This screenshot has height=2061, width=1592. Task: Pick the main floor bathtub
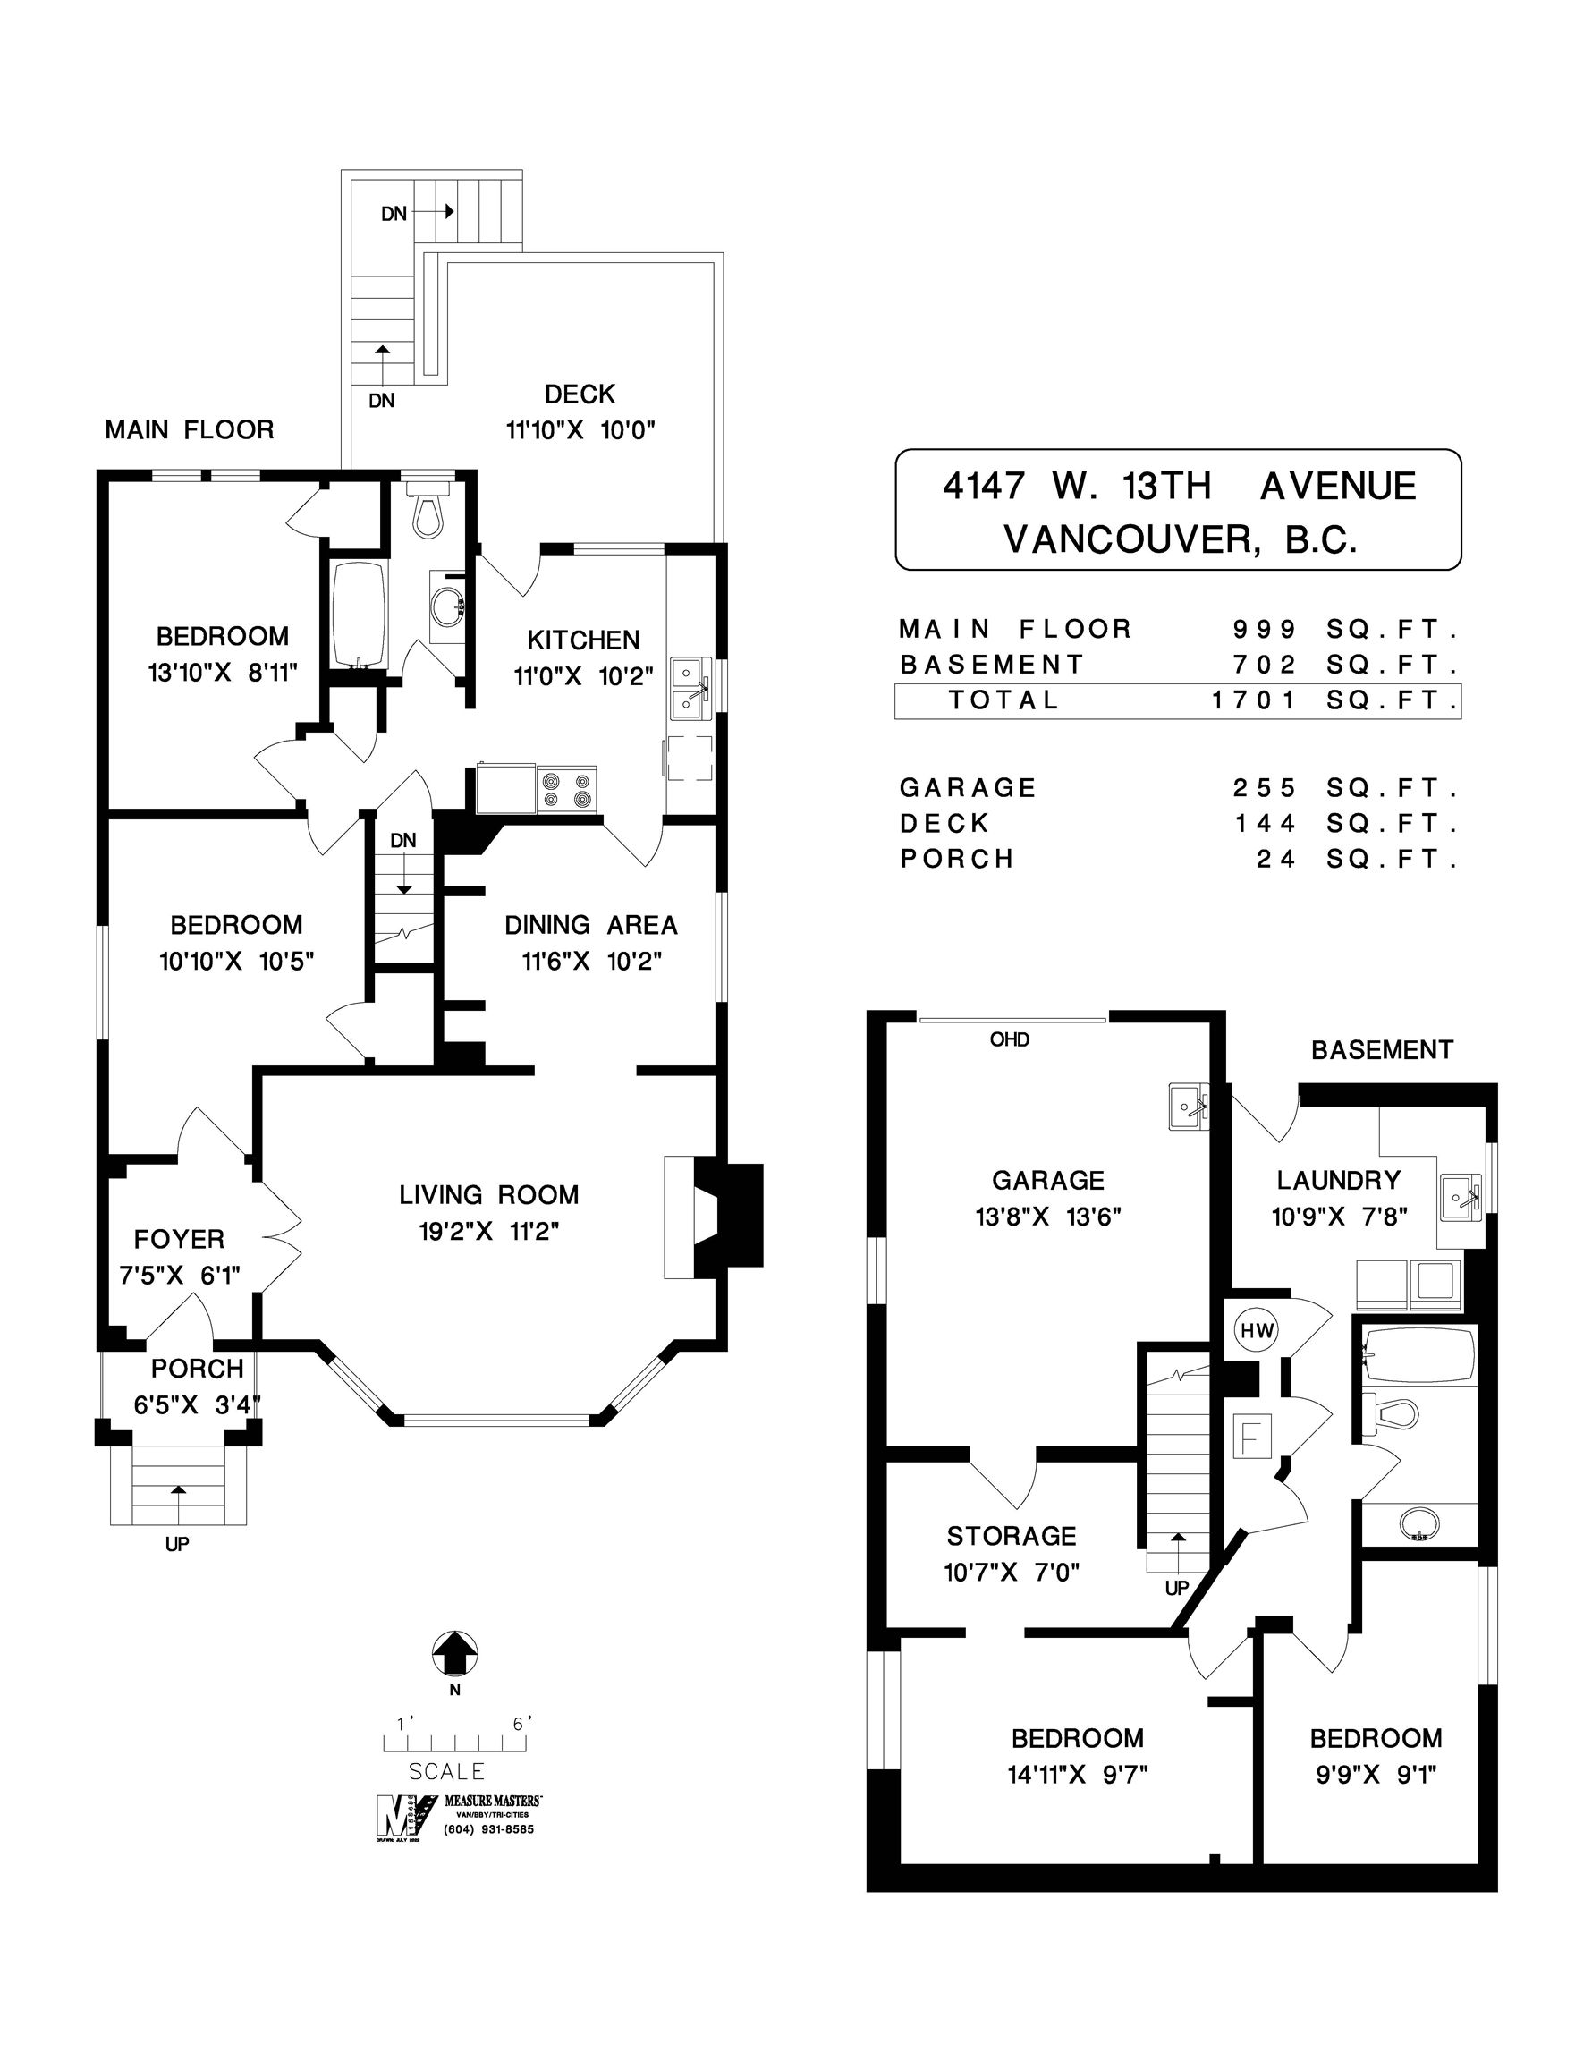click(x=360, y=614)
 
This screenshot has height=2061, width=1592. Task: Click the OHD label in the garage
click(x=1009, y=1040)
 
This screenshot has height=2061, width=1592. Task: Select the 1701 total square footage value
click(x=1254, y=701)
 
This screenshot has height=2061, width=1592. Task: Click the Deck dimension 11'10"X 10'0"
click(x=580, y=430)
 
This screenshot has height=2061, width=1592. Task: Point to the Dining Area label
click(x=591, y=925)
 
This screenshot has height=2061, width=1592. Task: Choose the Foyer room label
click(x=179, y=1239)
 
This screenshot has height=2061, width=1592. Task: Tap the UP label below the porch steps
click(x=176, y=1544)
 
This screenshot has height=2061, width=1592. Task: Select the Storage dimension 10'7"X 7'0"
click(x=1012, y=1573)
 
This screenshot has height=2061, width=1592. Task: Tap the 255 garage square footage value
click(x=1265, y=788)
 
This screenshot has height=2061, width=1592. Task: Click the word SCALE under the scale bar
click(x=447, y=1771)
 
